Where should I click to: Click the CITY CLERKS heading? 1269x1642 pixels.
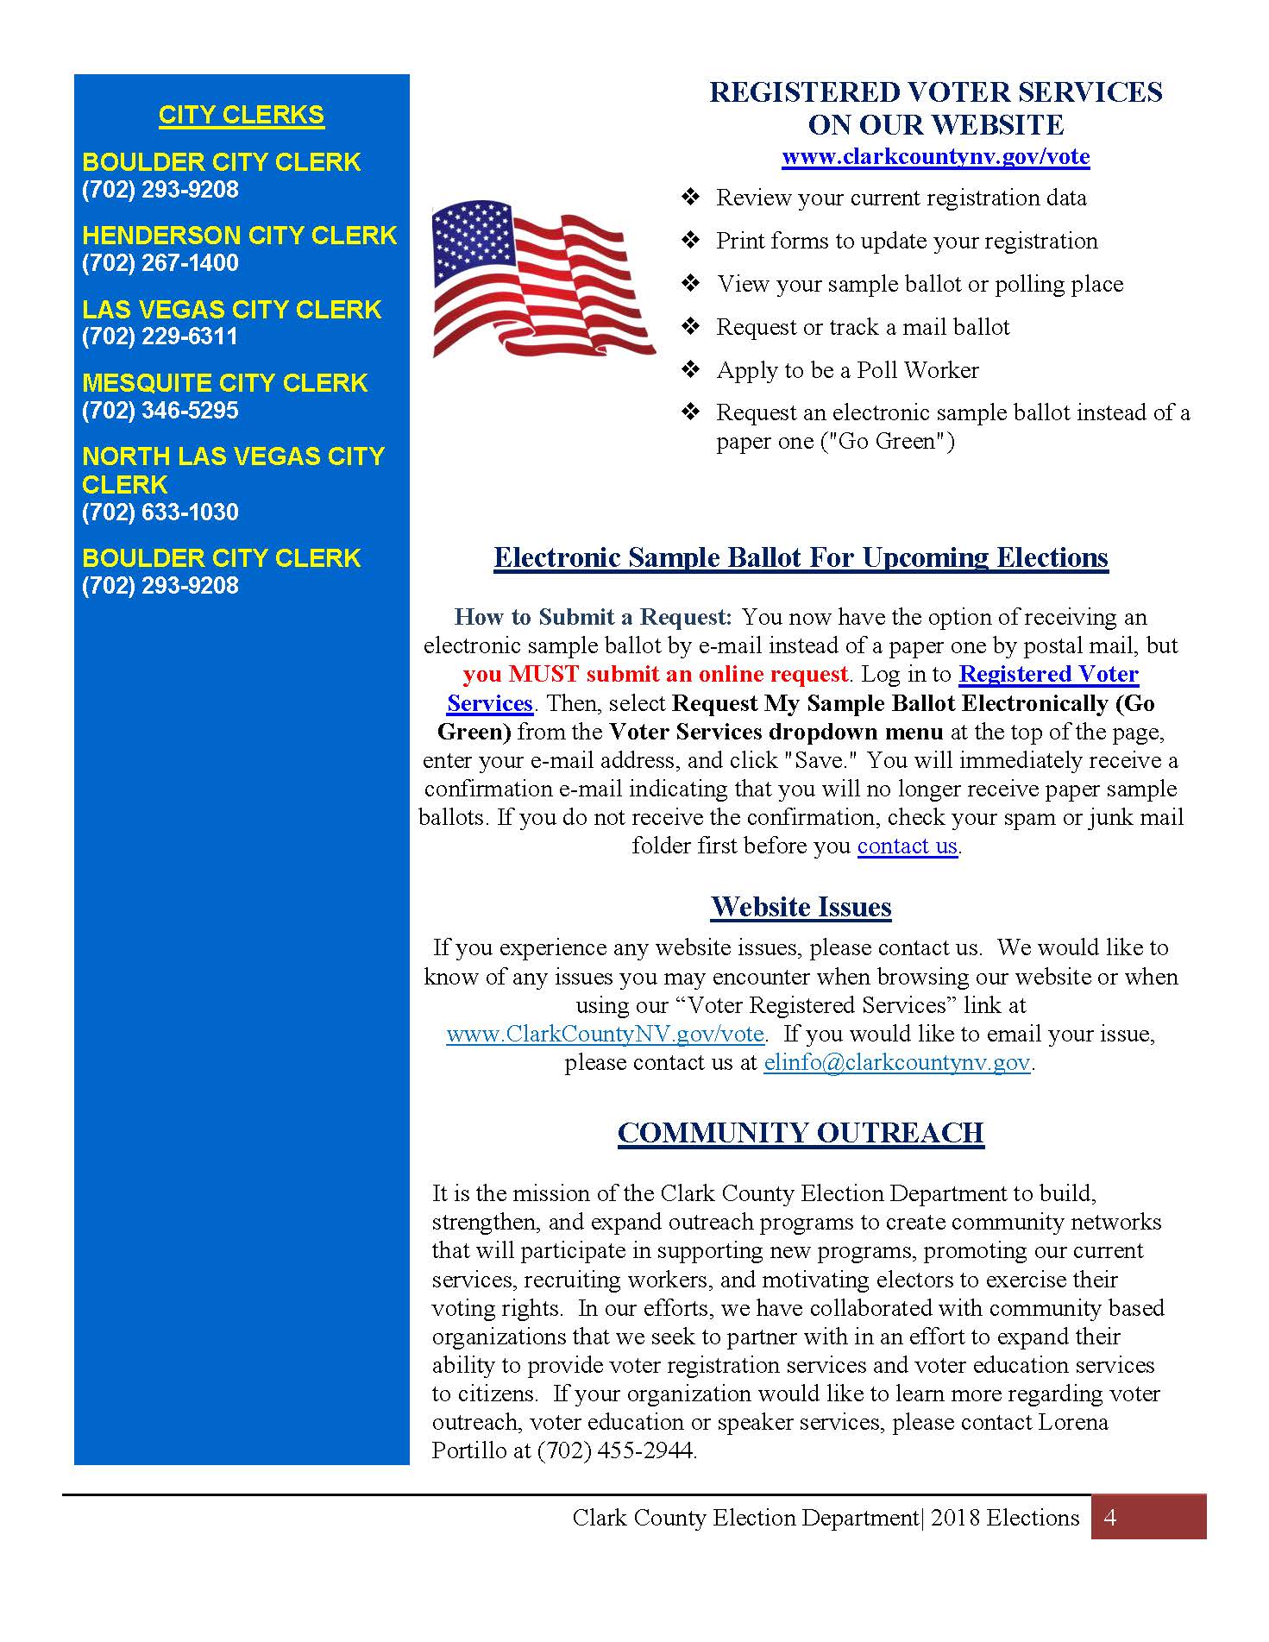(x=242, y=115)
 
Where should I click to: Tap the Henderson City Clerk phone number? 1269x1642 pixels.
(x=160, y=262)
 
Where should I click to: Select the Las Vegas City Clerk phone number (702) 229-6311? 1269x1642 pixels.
(x=160, y=336)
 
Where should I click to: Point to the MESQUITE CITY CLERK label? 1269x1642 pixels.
(x=225, y=382)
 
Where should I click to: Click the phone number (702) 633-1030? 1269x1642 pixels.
(x=160, y=512)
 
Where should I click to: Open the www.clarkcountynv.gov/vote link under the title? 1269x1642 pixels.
(x=935, y=156)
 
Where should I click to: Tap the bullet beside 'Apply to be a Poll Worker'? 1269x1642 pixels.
(x=690, y=370)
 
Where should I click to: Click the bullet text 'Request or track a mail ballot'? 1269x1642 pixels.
(x=863, y=327)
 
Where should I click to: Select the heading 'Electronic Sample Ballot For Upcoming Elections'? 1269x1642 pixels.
(x=801, y=557)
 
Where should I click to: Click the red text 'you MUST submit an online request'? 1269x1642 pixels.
(x=656, y=674)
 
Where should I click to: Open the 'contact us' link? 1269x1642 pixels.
(x=907, y=846)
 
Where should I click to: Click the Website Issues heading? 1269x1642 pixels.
(x=801, y=907)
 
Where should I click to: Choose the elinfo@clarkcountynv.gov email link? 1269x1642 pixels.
(x=897, y=1062)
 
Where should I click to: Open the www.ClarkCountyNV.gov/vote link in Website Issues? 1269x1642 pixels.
(x=605, y=1034)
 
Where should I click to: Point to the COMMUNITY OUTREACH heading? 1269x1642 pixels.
(x=801, y=1133)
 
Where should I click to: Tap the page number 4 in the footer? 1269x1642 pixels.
(x=1110, y=1518)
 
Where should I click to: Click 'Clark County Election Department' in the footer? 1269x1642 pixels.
(x=745, y=1518)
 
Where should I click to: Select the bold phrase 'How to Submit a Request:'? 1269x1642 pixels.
(x=593, y=617)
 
